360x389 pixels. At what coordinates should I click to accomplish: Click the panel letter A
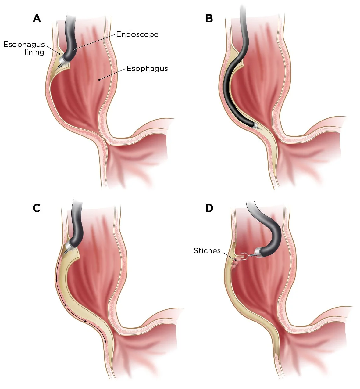click(37, 18)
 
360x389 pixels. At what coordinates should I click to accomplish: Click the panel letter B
click(209, 18)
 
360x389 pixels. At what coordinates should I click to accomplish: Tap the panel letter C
click(37, 208)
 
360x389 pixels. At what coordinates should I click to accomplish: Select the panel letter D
click(209, 208)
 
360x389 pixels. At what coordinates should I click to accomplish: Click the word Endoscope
click(137, 34)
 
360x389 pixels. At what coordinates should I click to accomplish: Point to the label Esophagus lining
click(24, 49)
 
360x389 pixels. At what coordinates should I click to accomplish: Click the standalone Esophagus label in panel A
click(147, 69)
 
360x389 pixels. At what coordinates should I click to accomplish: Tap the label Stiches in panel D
click(207, 251)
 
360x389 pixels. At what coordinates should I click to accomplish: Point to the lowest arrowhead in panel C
click(105, 341)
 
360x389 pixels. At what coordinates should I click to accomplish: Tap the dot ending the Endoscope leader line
click(73, 49)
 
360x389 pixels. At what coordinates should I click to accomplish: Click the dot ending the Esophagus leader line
click(99, 80)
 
